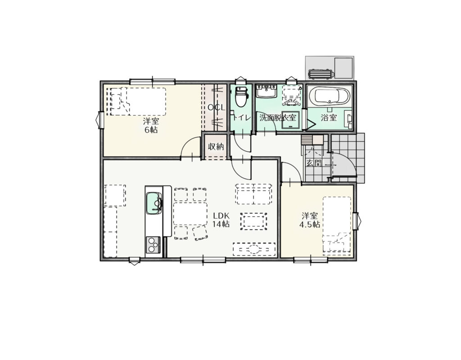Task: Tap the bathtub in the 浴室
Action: click(330, 96)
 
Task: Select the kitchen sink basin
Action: click(154, 203)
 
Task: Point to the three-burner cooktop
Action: click(153, 245)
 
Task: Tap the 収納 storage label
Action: click(216, 147)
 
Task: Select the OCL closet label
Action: click(216, 108)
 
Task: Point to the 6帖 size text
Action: click(151, 130)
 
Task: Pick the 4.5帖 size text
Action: click(310, 225)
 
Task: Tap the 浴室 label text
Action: click(329, 118)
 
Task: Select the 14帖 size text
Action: click(221, 224)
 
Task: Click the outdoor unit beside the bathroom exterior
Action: click(320, 74)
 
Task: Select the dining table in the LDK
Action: click(190, 214)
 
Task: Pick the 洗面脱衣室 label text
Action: click(277, 118)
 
